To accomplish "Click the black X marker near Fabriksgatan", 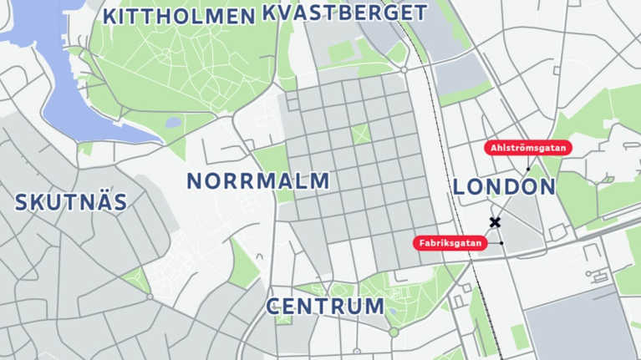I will [495, 222].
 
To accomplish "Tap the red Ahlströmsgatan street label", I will [528, 148].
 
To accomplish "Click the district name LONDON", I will [504, 187].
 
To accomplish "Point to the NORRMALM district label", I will [257, 181].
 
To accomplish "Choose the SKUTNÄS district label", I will [71, 202].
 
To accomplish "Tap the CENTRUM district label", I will [325, 306].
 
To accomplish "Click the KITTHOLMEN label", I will [178, 16].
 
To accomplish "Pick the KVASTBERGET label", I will [344, 13].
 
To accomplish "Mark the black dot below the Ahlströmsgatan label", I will [528, 169].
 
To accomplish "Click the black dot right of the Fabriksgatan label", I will [501, 243].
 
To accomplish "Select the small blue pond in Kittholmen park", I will [174, 122].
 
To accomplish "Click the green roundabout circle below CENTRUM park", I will [394, 332].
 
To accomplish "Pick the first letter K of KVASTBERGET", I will [269, 13].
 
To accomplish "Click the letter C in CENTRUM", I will [274, 306].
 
